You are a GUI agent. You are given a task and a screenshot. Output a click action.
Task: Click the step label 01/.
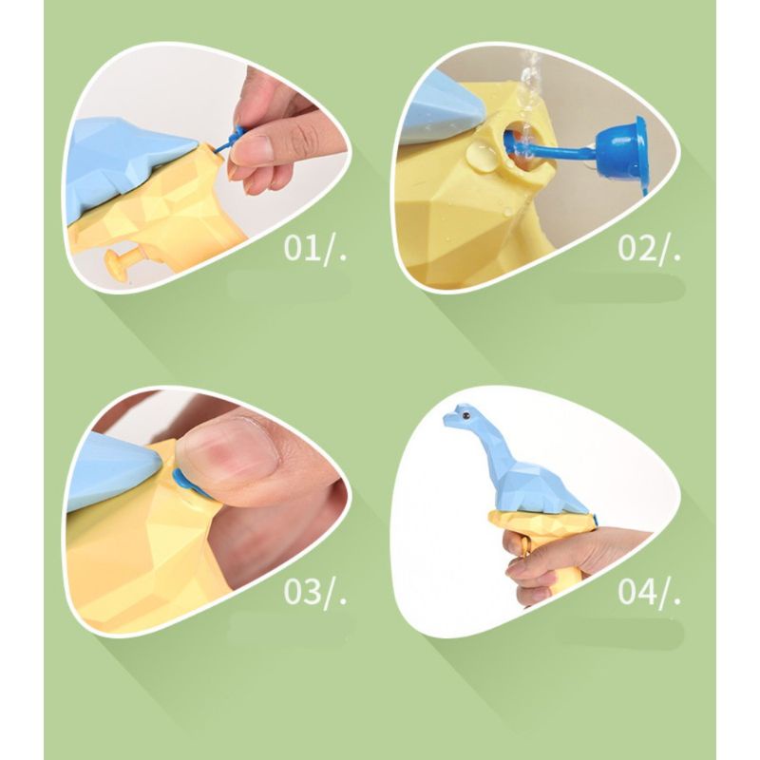[x=315, y=249]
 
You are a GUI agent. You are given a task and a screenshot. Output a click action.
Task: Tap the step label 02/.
[x=649, y=249]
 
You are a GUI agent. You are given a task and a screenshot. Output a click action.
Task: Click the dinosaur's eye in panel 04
[x=466, y=415]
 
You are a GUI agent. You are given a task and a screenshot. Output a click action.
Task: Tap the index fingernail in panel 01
[x=256, y=148]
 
